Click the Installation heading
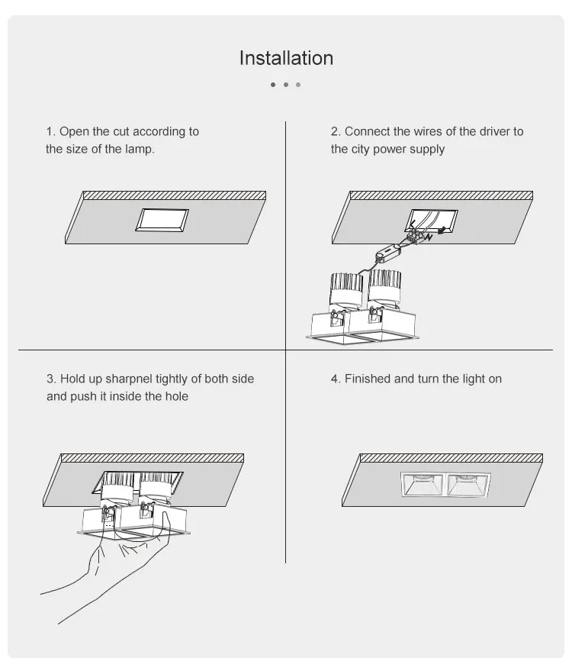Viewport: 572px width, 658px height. pos(286,58)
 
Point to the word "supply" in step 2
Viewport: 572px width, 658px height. pos(428,149)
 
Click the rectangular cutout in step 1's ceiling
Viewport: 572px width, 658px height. pos(162,220)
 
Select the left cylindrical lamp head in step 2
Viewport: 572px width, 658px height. pos(346,289)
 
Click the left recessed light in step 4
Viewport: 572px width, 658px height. pos(423,486)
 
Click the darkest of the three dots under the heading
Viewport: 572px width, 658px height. pos(273,85)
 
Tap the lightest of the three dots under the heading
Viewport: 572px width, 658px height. pos(298,85)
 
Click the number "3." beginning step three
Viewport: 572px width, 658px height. pos(51,379)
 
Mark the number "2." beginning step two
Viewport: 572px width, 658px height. pos(336,131)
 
